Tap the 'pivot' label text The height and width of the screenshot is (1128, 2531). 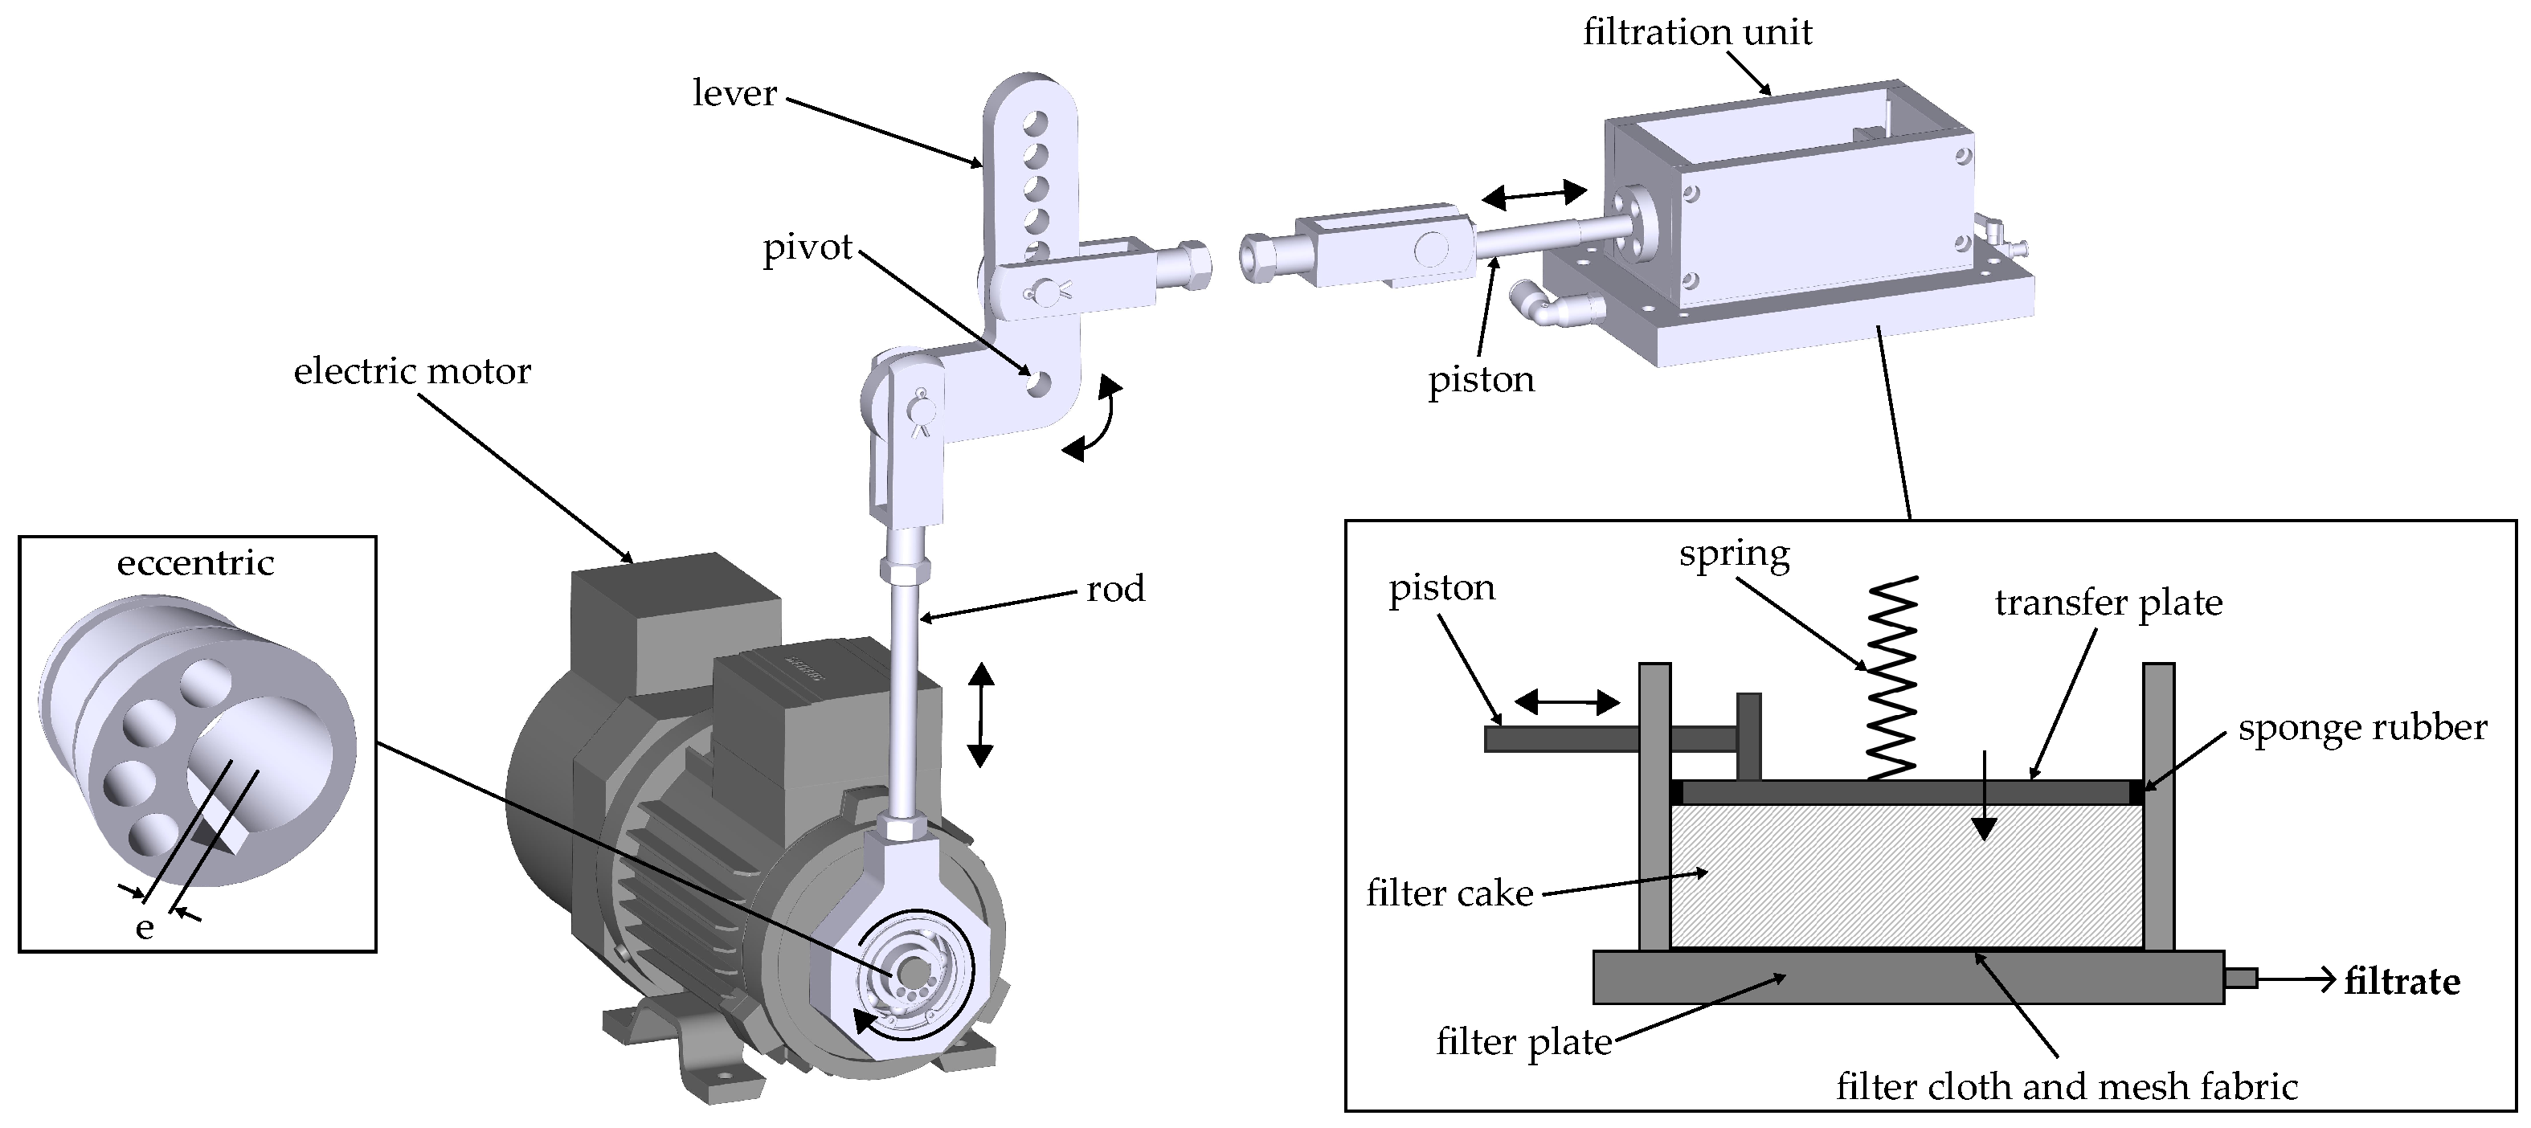(x=808, y=247)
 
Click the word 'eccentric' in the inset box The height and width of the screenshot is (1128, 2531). (x=195, y=563)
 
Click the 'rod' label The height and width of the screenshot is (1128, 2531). (x=1115, y=589)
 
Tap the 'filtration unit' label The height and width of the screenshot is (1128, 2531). (x=1697, y=32)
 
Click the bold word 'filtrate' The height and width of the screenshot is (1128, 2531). (x=2402, y=982)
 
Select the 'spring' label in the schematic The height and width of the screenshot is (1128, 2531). (x=1734, y=554)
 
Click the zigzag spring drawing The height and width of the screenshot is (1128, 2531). (x=1891, y=678)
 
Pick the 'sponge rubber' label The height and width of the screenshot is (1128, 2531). (x=2362, y=728)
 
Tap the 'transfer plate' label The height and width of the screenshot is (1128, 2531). (x=2108, y=603)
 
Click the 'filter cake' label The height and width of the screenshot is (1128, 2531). (x=1449, y=893)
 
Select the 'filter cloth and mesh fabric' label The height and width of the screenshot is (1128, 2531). (x=2067, y=1087)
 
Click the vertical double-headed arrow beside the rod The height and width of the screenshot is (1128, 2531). (x=980, y=714)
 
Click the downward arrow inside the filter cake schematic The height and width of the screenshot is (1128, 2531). (x=1985, y=796)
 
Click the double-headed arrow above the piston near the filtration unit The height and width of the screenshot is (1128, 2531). (x=1534, y=194)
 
